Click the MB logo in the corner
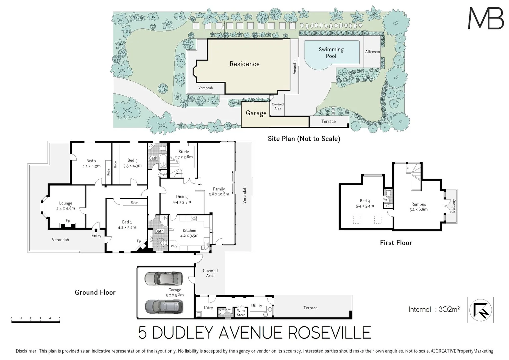[486, 18]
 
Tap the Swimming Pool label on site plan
[331, 53]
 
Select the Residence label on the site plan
[244, 64]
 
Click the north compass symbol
[480, 310]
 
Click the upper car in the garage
[164, 279]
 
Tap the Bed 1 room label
[127, 222]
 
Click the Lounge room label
[66, 203]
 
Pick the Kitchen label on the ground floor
[189, 230]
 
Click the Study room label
[184, 152]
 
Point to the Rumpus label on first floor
[418, 204]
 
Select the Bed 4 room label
[365, 201]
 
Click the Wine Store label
[241, 313]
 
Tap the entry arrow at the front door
[96, 230]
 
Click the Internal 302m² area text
[434, 309]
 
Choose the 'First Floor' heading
[396, 243]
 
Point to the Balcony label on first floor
[453, 206]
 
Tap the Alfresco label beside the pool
[372, 52]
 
